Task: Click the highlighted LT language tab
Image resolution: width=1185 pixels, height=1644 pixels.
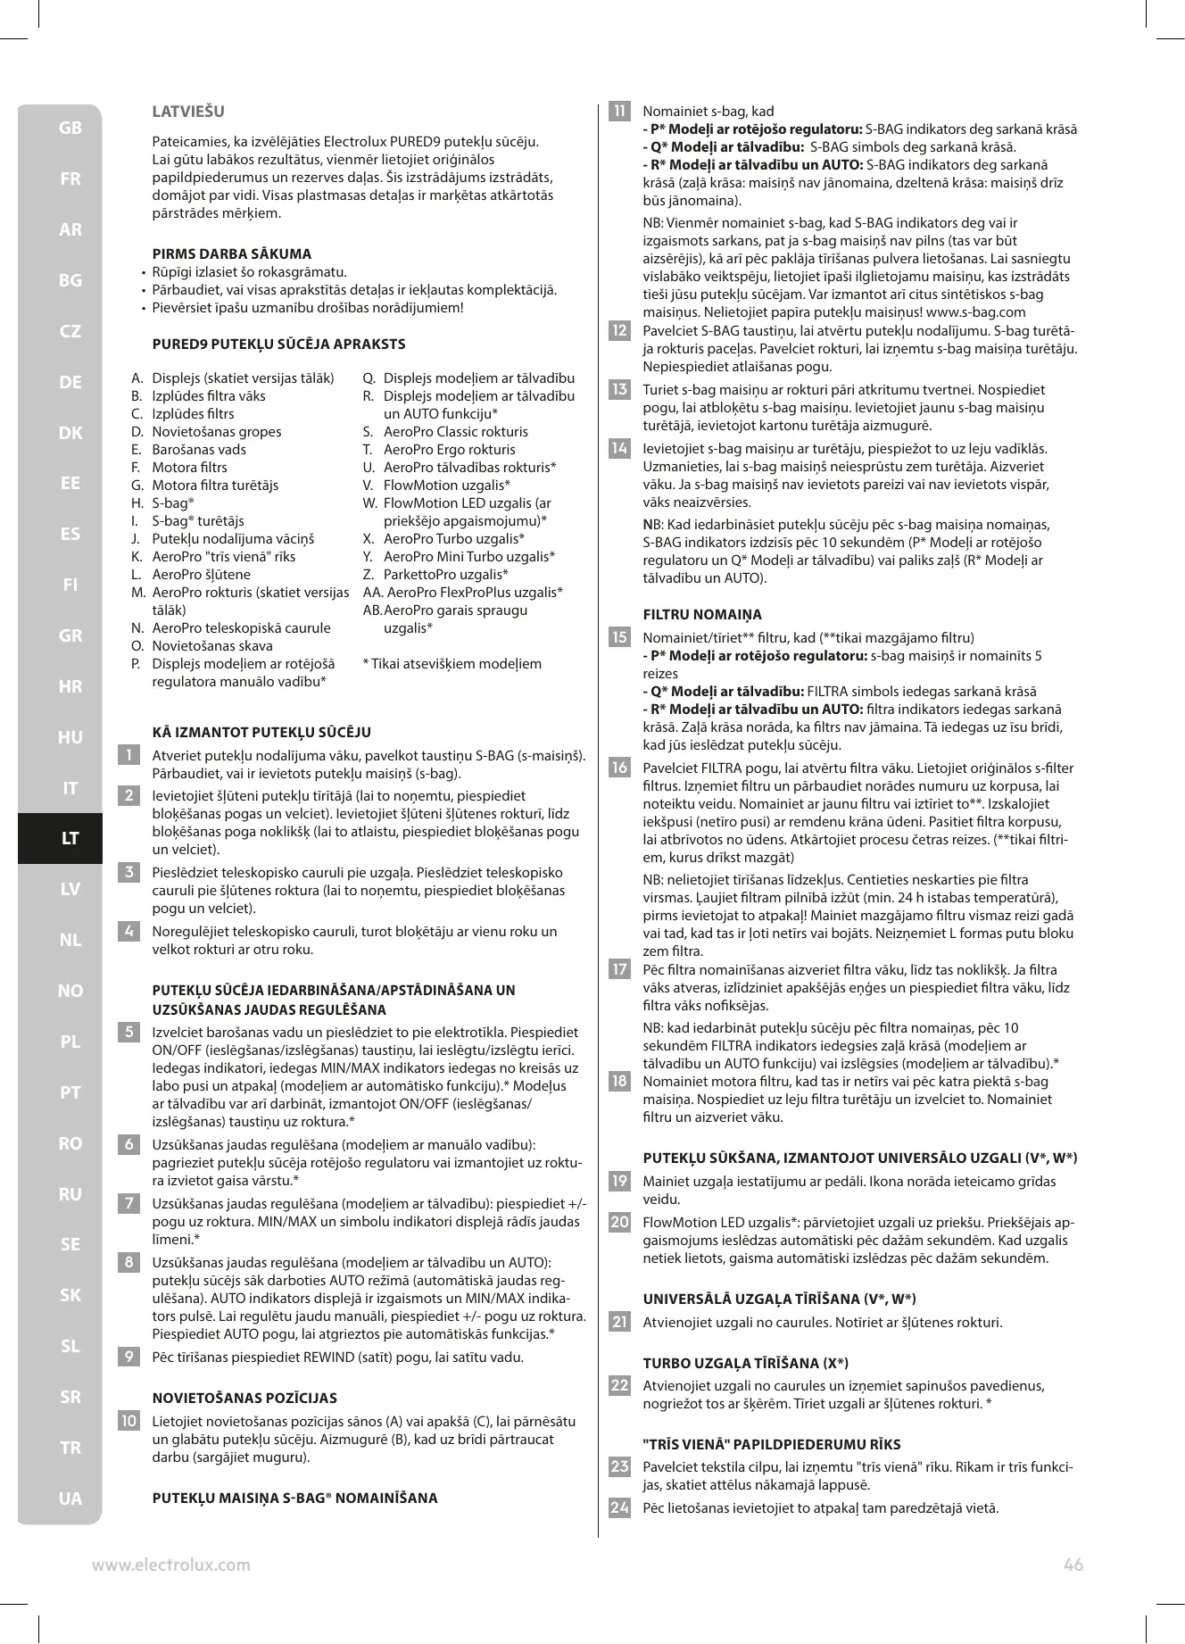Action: (x=70, y=839)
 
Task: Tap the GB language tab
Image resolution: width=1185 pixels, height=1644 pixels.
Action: (x=70, y=129)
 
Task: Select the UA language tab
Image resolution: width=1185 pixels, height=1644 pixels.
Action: (x=70, y=1499)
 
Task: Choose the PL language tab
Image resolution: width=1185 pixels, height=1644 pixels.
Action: (x=70, y=1042)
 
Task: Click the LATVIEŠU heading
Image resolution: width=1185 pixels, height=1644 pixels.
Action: (x=188, y=112)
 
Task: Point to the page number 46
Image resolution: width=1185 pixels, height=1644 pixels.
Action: (x=1073, y=1565)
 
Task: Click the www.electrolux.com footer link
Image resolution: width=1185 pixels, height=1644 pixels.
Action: (x=171, y=1565)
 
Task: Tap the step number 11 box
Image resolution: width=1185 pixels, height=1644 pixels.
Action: (x=618, y=112)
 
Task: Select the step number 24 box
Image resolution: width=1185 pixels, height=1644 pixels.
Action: (x=618, y=1508)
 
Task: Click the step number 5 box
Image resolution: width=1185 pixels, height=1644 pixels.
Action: (x=129, y=1033)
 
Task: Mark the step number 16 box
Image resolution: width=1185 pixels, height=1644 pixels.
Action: (x=618, y=768)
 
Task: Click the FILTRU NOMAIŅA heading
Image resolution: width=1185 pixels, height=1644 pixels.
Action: (x=702, y=615)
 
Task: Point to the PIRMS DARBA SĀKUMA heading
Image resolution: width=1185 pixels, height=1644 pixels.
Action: (x=232, y=253)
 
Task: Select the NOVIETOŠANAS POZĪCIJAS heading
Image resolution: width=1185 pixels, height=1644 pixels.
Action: (x=244, y=1399)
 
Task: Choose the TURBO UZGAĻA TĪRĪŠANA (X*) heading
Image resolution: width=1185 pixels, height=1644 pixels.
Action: (x=745, y=1363)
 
